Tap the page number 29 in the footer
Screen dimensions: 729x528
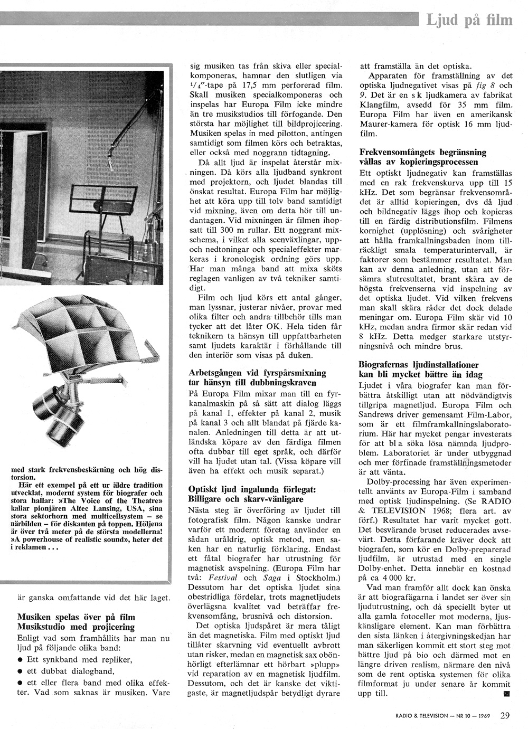click(505, 716)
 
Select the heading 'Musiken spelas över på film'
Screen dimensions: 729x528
click(76, 617)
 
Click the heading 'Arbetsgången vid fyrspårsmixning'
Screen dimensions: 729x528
click(257, 373)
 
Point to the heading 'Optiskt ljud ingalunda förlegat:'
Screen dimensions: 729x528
click(252, 490)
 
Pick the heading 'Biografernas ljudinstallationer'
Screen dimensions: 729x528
click(419, 365)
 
